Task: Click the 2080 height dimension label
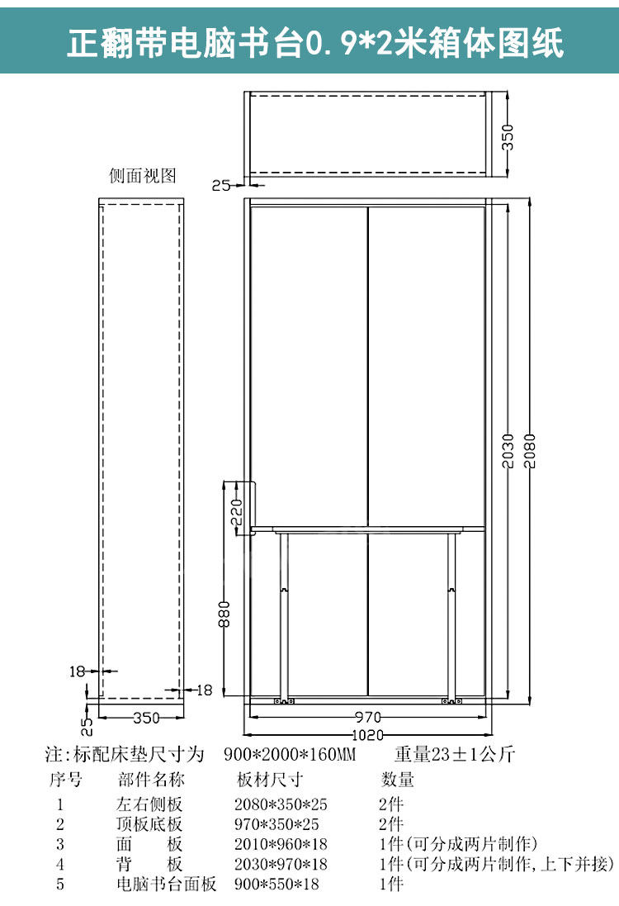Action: (x=530, y=450)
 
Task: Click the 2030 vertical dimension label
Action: (x=509, y=450)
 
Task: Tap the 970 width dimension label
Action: (x=368, y=717)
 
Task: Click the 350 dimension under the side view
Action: (x=145, y=718)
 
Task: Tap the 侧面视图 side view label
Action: (x=144, y=176)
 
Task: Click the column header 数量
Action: (x=397, y=780)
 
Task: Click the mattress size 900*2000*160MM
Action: (x=290, y=755)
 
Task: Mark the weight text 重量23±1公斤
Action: (x=454, y=755)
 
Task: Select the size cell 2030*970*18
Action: (x=281, y=865)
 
